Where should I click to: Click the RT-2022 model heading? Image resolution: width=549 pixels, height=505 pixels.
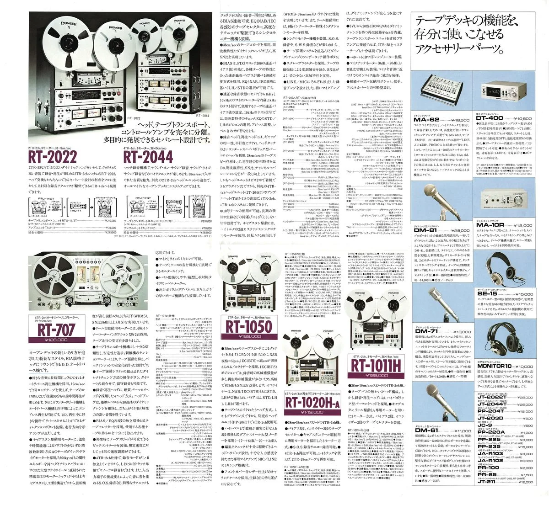pos(60,157)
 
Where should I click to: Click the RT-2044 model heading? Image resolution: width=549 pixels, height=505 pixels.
pos(147,157)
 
